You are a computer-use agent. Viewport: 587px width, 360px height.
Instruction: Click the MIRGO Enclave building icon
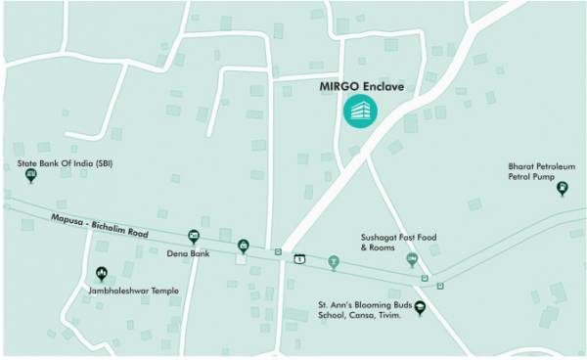tap(358, 112)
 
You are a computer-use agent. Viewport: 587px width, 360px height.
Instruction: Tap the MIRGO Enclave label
tap(362, 86)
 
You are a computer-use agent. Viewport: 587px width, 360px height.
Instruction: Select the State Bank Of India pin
tap(30, 175)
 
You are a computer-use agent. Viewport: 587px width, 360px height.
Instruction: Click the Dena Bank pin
tap(194, 236)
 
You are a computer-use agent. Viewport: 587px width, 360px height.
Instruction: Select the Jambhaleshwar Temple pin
tap(101, 276)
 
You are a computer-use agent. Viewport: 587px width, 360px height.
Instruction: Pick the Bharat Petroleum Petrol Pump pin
tap(562, 188)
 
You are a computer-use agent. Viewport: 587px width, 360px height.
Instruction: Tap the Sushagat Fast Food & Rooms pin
tap(412, 259)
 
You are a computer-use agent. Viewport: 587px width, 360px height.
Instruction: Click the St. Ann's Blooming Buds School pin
tap(421, 309)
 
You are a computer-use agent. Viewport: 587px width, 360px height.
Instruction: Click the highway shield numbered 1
tap(300, 258)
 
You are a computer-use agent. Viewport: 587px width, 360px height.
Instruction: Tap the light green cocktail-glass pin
tap(334, 262)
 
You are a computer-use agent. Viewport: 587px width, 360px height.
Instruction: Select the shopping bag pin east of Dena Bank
tap(243, 246)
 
